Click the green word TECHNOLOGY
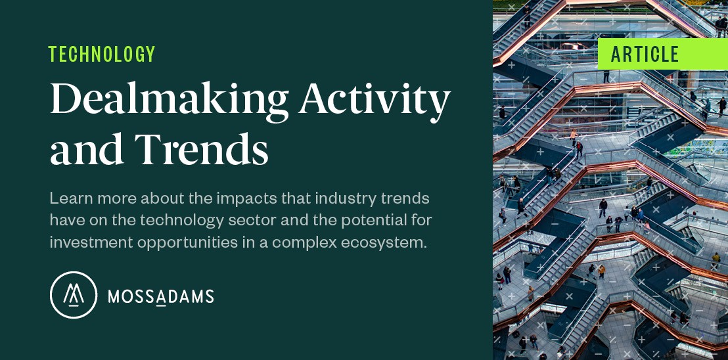(102, 54)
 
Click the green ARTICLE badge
(645, 55)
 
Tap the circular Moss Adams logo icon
(74, 295)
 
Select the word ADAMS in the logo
(185, 297)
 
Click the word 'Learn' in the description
(68, 198)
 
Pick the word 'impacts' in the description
(225, 198)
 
